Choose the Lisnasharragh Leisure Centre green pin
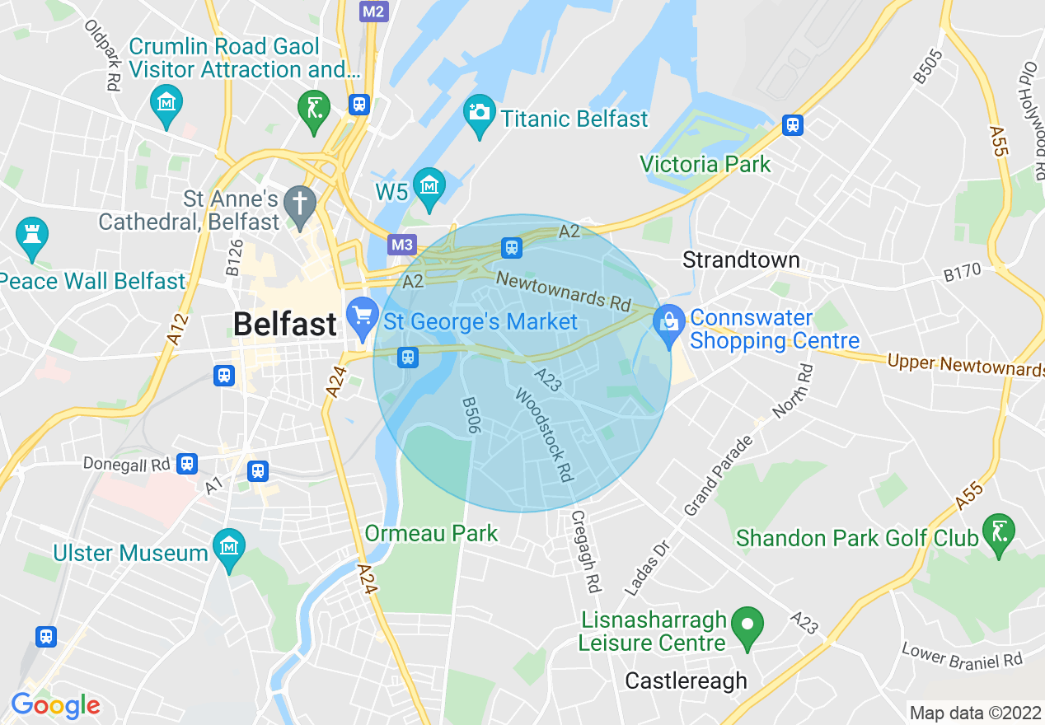coord(747,624)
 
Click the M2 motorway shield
coord(373,11)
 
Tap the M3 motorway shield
coord(401,245)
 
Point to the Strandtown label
coord(741,260)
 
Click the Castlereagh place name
coord(686,681)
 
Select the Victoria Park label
coord(705,164)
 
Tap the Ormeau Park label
coord(431,533)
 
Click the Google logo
coord(55,706)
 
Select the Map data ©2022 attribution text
coord(974,712)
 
